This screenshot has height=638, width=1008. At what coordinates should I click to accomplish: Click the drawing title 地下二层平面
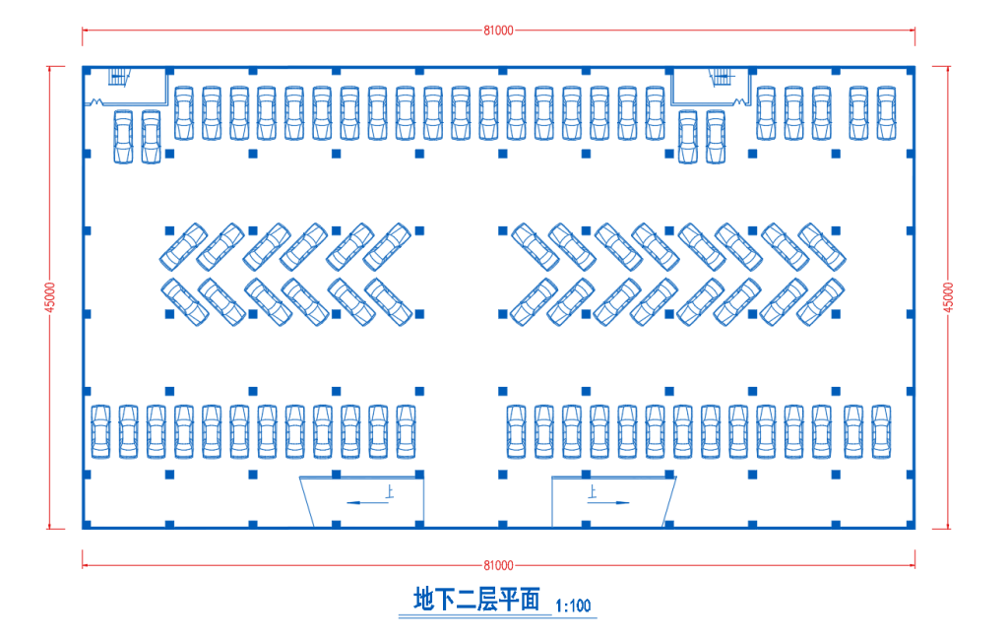(x=477, y=599)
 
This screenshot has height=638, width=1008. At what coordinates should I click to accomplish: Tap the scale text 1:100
(x=573, y=606)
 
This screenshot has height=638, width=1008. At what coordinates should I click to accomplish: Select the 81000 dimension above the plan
(x=498, y=31)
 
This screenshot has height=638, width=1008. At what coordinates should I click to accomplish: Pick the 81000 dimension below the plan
(x=498, y=565)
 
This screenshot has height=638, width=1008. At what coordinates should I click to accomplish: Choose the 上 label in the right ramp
(x=592, y=490)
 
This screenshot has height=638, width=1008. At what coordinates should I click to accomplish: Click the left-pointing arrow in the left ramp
(x=364, y=502)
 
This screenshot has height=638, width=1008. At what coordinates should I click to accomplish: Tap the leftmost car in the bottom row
(x=100, y=430)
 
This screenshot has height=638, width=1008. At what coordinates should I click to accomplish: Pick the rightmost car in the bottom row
(x=881, y=430)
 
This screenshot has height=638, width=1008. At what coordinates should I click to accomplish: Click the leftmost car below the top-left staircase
(x=123, y=137)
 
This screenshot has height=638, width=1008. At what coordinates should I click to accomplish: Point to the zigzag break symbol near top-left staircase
(x=98, y=101)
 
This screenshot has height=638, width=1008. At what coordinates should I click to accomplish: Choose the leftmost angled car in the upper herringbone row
(x=182, y=246)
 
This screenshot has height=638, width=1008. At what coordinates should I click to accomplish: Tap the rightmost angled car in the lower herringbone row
(x=820, y=301)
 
